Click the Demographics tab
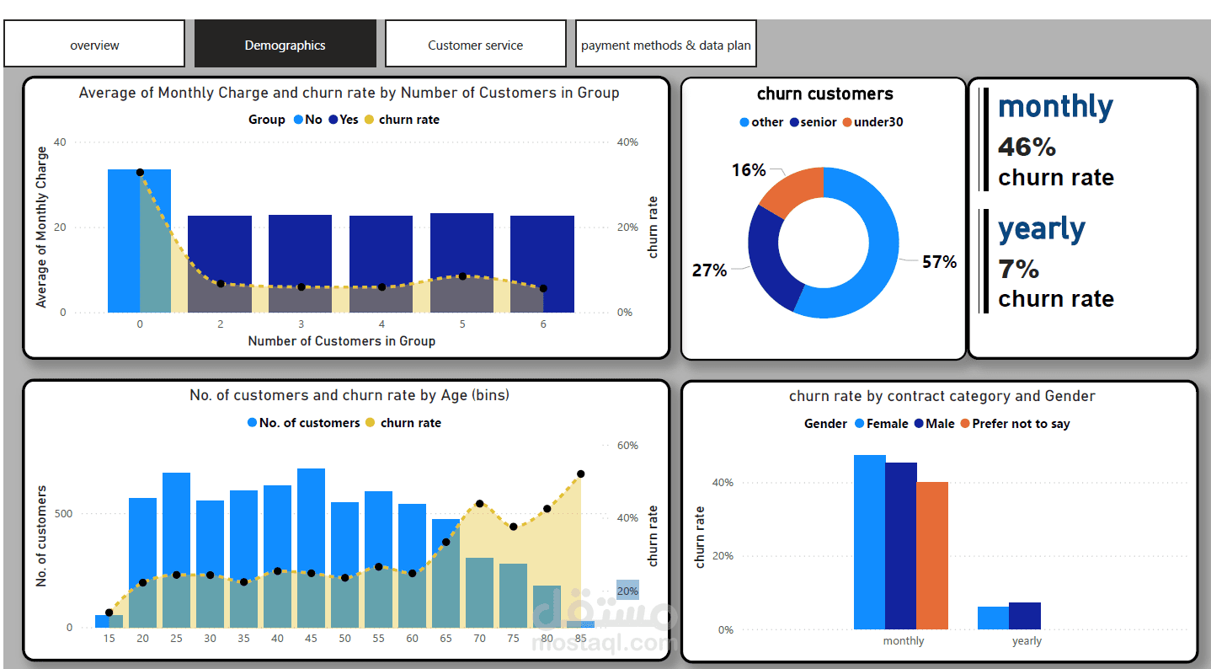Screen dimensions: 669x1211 click(x=285, y=45)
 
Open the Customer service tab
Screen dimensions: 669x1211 click(x=475, y=45)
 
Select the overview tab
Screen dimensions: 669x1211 click(x=94, y=45)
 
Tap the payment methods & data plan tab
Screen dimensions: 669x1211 click(x=665, y=45)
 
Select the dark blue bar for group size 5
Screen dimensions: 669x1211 click(x=461, y=244)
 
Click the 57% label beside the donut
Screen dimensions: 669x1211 click(x=939, y=262)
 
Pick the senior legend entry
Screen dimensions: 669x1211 click(x=814, y=122)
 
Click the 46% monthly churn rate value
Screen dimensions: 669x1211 click(x=1027, y=147)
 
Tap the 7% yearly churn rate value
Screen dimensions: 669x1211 click(x=1018, y=270)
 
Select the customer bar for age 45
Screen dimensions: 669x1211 click(x=311, y=522)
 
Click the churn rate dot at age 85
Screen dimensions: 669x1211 click(x=580, y=474)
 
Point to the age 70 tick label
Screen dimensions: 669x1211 click(x=479, y=638)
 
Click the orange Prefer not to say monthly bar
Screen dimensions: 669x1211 click(x=932, y=556)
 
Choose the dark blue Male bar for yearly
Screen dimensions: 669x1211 click(x=1025, y=616)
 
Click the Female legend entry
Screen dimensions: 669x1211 click(x=881, y=424)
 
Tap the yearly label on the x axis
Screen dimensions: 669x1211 click(x=1027, y=641)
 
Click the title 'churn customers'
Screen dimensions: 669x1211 click(x=824, y=94)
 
